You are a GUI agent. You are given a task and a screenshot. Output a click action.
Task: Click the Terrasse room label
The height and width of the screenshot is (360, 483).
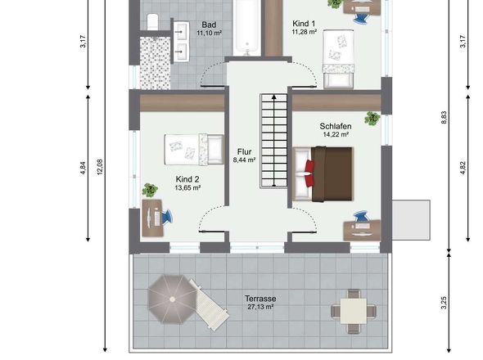(x=260, y=299)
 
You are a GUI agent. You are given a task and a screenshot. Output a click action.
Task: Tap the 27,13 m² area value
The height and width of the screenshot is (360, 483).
(x=260, y=307)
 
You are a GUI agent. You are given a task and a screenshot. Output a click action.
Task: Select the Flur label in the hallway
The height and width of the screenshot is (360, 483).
(x=244, y=152)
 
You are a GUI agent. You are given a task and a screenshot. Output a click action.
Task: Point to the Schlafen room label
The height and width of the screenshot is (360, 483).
(x=336, y=126)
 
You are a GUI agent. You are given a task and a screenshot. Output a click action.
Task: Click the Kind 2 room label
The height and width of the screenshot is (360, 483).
(x=187, y=179)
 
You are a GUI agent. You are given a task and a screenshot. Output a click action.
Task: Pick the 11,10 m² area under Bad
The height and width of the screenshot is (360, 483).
(x=209, y=33)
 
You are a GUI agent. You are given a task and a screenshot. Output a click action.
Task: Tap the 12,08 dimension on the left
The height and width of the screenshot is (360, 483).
(x=100, y=167)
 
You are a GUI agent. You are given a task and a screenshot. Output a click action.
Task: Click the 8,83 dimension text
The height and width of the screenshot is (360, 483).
(x=444, y=118)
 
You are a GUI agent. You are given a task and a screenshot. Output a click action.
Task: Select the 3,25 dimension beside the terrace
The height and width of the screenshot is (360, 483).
(x=444, y=303)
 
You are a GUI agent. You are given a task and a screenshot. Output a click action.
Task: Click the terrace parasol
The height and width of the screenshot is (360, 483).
(x=172, y=299)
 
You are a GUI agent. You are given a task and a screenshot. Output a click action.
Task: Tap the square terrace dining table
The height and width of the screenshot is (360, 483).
(x=354, y=311)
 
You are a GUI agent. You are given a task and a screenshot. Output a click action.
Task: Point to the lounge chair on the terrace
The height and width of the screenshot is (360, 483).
(x=209, y=305)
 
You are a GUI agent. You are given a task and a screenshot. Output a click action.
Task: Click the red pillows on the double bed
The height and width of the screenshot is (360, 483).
(x=309, y=173)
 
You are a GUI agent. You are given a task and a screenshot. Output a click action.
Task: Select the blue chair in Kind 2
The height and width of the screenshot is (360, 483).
(x=167, y=217)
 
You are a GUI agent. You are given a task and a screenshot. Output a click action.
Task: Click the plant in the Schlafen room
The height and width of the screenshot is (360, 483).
(x=372, y=119)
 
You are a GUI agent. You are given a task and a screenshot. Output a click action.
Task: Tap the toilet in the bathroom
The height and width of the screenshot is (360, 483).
(x=152, y=21)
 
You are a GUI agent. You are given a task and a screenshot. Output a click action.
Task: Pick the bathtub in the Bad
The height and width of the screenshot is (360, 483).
(x=247, y=29)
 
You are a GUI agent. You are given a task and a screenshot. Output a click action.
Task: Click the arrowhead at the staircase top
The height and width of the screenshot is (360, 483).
(x=274, y=97)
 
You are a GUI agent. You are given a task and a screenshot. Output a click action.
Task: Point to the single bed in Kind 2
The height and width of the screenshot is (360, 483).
(x=194, y=150)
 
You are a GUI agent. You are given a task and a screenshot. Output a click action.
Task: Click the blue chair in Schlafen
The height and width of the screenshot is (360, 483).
(x=361, y=216)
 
